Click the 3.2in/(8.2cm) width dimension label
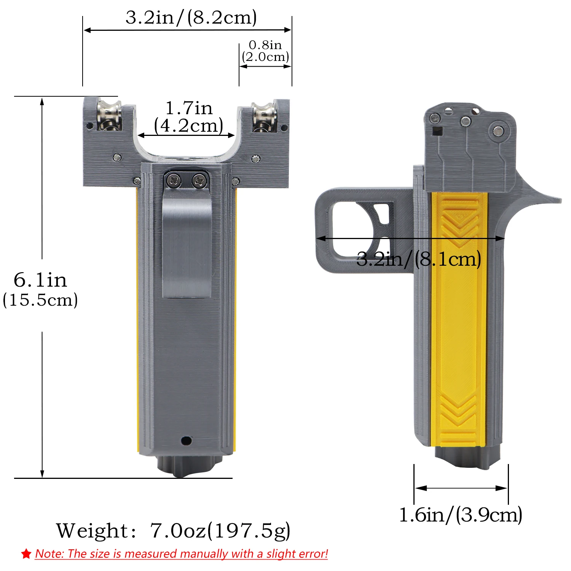[x=191, y=18]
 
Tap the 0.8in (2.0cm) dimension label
[x=266, y=51]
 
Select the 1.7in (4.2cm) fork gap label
[x=189, y=117]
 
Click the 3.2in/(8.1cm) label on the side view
[x=419, y=259]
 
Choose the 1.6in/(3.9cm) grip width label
[x=461, y=515]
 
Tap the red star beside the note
[x=26, y=554]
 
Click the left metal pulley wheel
[x=109, y=115]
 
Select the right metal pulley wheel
[x=263, y=116]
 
